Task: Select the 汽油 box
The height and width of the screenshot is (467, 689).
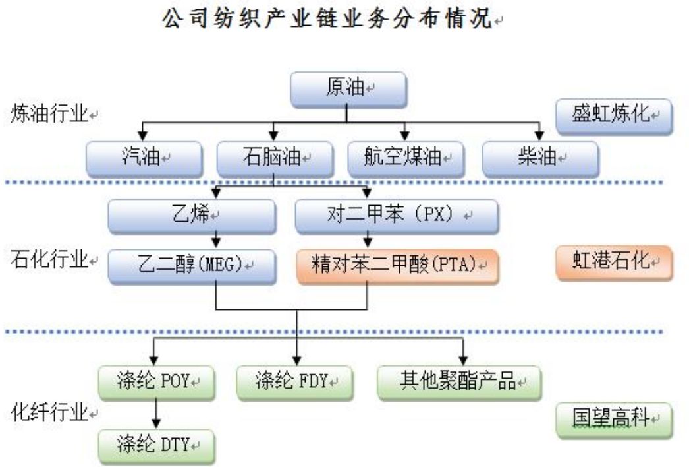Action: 144,159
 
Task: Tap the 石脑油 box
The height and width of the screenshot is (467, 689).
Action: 275,159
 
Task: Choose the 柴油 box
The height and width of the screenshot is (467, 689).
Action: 540,159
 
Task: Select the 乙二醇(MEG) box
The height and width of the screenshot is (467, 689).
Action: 191,265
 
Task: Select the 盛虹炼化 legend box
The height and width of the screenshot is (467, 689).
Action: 613,116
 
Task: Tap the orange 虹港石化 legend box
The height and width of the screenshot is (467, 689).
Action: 613,263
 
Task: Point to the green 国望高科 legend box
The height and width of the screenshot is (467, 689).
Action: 613,420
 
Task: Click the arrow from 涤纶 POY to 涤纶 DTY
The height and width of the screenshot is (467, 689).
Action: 157,413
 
